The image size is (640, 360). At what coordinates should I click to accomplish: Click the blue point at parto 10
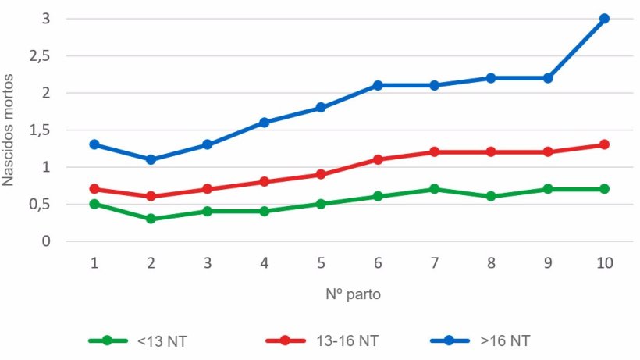click(x=604, y=18)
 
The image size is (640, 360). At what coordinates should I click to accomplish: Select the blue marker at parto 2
click(x=151, y=159)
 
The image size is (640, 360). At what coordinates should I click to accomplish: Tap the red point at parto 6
click(x=378, y=159)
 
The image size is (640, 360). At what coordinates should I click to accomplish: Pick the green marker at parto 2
click(x=151, y=219)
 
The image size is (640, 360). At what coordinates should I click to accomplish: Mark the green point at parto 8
click(x=491, y=196)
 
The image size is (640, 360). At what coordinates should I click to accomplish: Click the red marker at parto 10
click(x=604, y=144)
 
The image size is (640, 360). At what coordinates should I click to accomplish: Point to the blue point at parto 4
click(x=265, y=122)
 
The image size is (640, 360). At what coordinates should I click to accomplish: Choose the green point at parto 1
click(x=94, y=204)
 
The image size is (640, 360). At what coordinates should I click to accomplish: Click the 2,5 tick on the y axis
click(x=39, y=55)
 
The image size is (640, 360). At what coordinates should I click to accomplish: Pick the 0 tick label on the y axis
click(x=46, y=241)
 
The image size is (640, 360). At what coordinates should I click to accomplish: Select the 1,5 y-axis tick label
click(x=39, y=130)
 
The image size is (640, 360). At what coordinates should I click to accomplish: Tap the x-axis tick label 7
click(x=434, y=263)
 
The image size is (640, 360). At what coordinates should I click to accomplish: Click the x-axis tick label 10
click(x=604, y=263)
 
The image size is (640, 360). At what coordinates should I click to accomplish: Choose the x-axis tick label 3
click(x=208, y=263)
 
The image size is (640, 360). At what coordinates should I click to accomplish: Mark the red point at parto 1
click(x=94, y=189)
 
